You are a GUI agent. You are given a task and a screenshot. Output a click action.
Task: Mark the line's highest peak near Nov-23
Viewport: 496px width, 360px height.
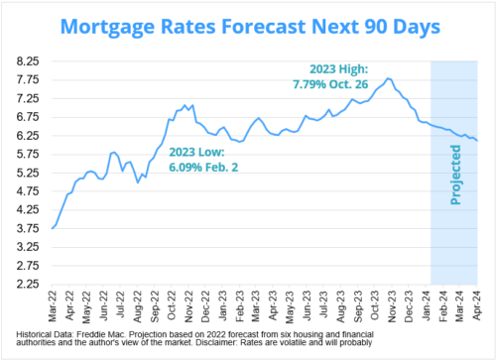click(x=388, y=78)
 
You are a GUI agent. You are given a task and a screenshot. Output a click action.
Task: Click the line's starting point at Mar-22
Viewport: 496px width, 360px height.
click(x=53, y=229)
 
